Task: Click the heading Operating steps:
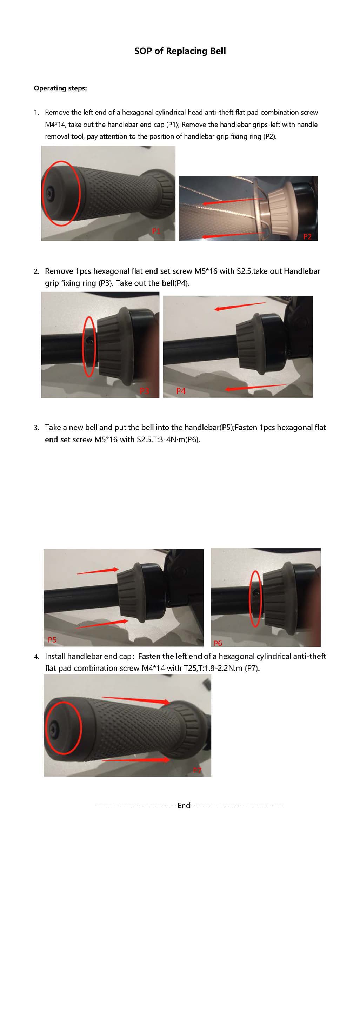click(x=60, y=88)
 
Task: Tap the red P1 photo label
click(x=156, y=231)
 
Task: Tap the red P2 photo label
click(x=307, y=236)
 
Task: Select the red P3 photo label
click(x=145, y=391)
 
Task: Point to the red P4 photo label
click(x=181, y=391)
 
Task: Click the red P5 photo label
click(x=52, y=639)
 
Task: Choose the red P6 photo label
click(x=218, y=643)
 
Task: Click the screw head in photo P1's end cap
click(x=49, y=193)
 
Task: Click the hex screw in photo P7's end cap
click(x=53, y=727)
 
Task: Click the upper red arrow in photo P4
click(x=240, y=306)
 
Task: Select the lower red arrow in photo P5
click(x=102, y=624)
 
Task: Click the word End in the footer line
click(x=184, y=805)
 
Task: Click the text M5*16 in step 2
click(x=206, y=271)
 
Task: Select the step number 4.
click(x=36, y=657)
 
